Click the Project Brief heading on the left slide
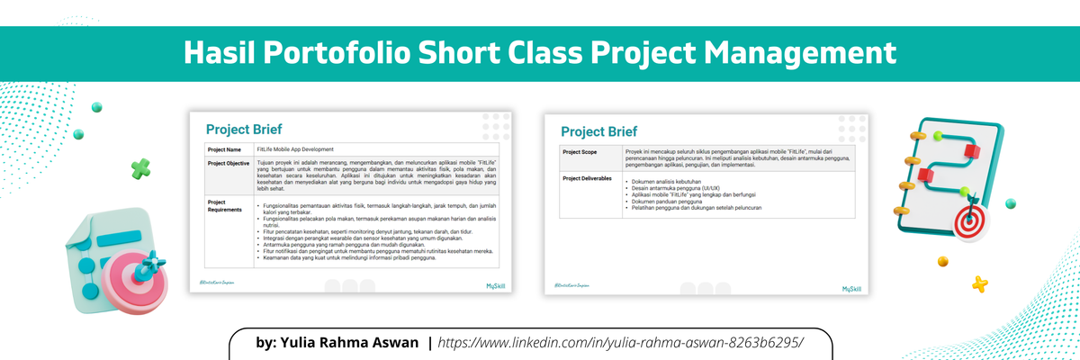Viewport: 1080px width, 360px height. pyautogui.click(x=251, y=129)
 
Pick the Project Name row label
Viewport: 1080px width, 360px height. pyautogui.click(x=224, y=149)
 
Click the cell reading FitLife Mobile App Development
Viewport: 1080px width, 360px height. pyautogui.click(x=295, y=149)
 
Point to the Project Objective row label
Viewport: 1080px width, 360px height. pyautogui.click(x=229, y=163)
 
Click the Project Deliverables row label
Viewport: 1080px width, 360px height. pyautogui.click(x=587, y=178)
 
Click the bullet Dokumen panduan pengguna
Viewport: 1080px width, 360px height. pyautogui.click(x=666, y=202)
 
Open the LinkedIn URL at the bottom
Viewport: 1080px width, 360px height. pyautogui.click(x=619, y=343)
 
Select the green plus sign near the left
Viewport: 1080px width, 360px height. pyautogui.click(x=140, y=167)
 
